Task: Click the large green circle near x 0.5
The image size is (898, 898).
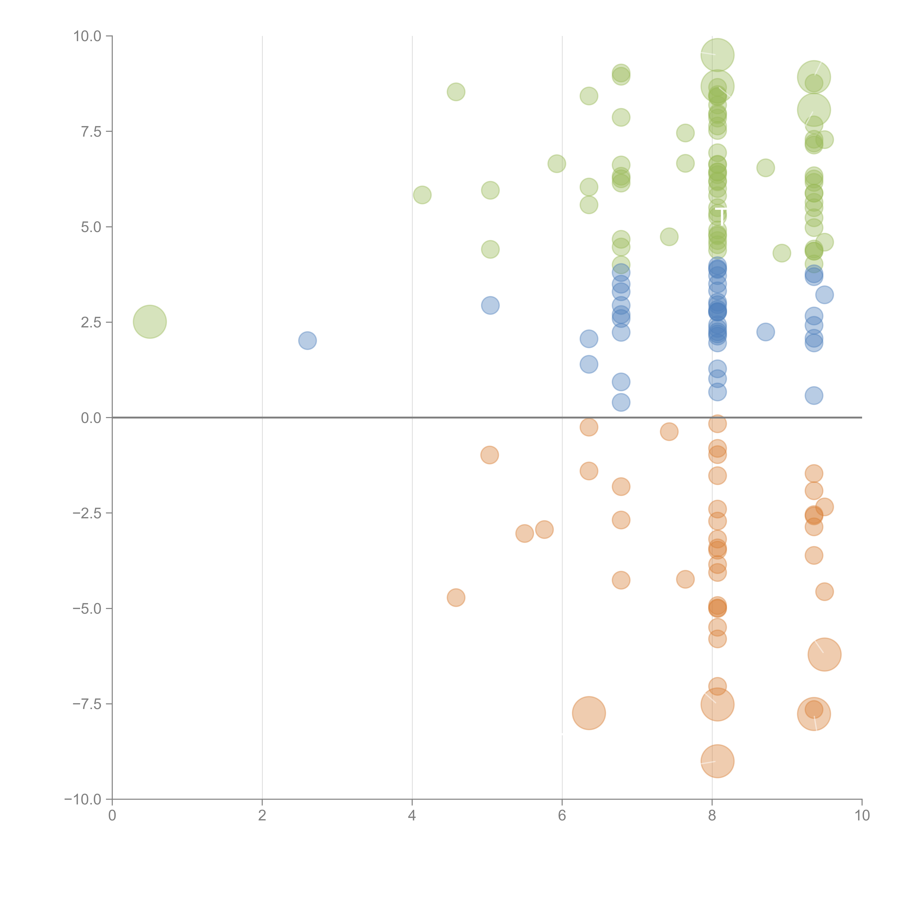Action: click(150, 322)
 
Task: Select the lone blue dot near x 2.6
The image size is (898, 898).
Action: click(307, 341)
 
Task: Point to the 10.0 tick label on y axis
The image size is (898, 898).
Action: click(87, 36)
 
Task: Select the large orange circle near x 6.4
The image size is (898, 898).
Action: click(589, 713)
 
